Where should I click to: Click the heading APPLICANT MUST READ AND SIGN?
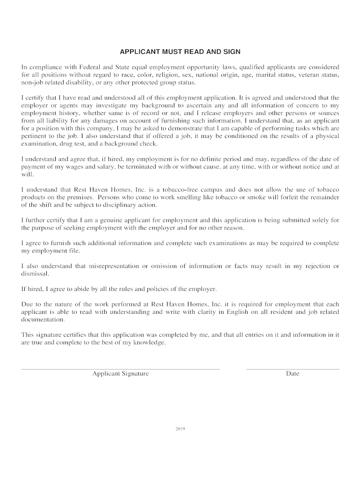click(x=180, y=51)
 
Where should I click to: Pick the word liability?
click(x=55, y=121)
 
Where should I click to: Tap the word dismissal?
click(x=35, y=274)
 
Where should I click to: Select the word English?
click(x=240, y=312)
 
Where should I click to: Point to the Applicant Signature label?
click(x=120, y=374)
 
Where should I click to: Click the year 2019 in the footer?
click(x=180, y=428)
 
